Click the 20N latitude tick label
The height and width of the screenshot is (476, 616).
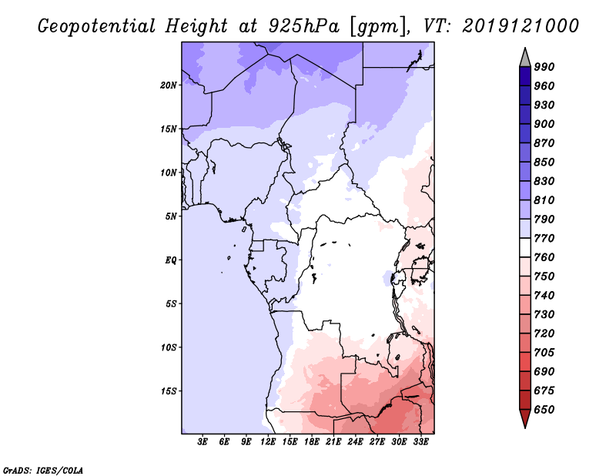[169, 85]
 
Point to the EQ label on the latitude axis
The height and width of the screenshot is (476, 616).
[171, 260]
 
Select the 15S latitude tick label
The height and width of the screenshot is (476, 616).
[169, 391]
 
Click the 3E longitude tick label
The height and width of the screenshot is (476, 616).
[203, 442]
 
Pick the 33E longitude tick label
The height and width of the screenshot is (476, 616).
[421, 442]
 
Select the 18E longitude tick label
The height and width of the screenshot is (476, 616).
[312, 442]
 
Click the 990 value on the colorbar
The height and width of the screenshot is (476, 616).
[545, 67]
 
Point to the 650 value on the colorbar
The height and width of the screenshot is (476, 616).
[545, 409]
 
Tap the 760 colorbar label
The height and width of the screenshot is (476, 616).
[545, 256]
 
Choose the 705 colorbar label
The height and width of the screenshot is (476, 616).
[545, 352]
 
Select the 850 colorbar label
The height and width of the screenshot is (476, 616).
[545, 162]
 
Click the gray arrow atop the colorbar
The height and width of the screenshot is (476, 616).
[525, 56]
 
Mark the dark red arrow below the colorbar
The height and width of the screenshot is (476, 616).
[525, 419]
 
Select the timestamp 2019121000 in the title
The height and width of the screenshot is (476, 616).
[521, 26]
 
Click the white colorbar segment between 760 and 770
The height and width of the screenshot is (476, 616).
[525, 247]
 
